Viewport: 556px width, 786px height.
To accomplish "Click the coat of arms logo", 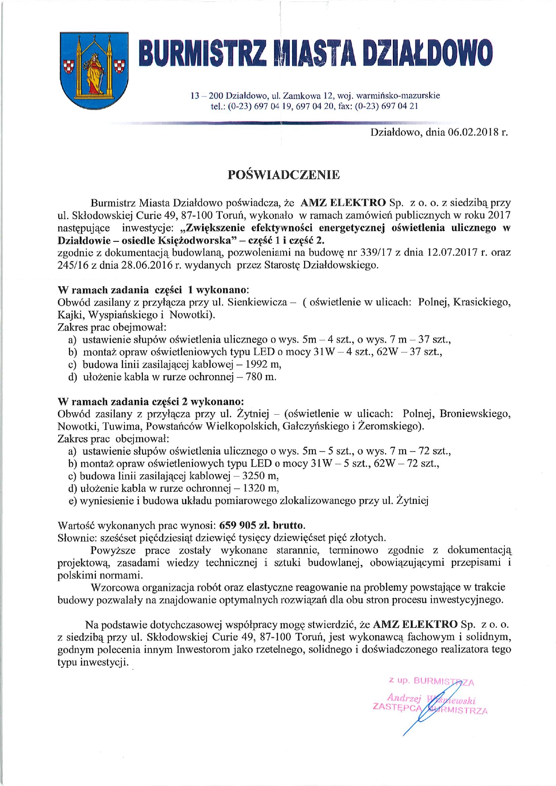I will pyautogui.click(x=95, y=70).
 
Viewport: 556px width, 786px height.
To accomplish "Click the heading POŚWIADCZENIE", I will pyautogui.click(x=283, y=175).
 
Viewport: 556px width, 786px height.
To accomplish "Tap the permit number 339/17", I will pyautogui.click(x=376, y=252).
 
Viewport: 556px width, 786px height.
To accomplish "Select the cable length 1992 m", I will pyautogui.click(x=263, y=364).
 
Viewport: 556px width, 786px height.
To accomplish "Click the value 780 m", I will pyautogui.click(x=261, y=377).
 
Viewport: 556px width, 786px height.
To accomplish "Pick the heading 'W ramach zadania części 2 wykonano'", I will pyautogui.click(x=151, y=401).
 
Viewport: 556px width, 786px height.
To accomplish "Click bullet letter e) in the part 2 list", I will pyautogui.click(x=73, y=501).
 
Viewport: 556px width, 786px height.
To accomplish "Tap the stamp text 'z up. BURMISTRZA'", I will pyautogui.click(x=431, y=681).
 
